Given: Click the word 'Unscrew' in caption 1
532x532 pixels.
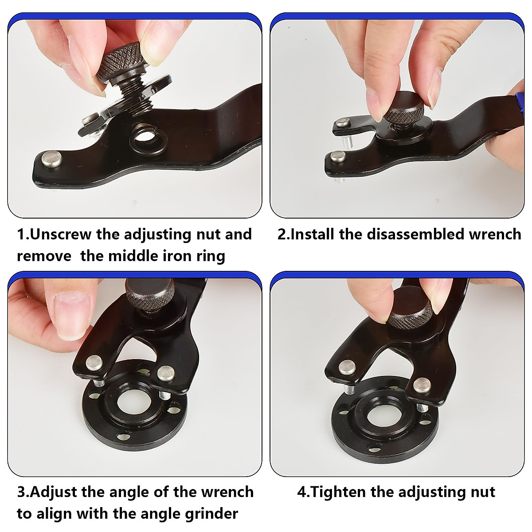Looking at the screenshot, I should (x=61, y=234).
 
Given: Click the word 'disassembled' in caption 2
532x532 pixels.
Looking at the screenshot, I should (x=415, y=234).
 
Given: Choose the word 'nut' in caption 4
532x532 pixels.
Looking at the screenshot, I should (x=483, y=492).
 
